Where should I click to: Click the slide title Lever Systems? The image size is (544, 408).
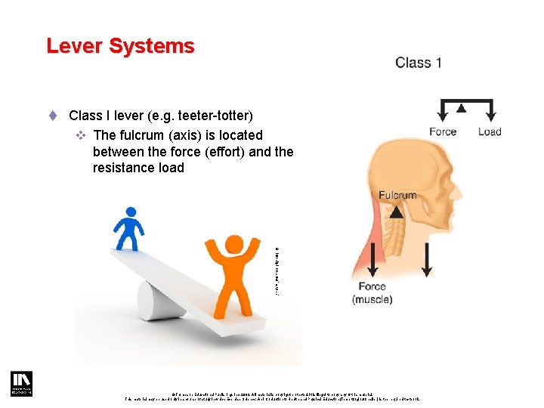[120, 46]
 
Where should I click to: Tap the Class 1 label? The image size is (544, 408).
[418, 63]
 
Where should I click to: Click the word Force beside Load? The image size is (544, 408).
[442, 132]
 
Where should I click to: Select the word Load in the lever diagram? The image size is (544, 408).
[490, 132]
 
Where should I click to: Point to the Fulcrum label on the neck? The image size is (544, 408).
[397, 195]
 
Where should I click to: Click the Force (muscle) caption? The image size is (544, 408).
[372, 293]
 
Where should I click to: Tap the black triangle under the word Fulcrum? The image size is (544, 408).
[396, 212]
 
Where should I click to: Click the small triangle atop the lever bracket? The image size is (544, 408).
[461, 108]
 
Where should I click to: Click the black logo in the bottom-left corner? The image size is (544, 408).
[20, 383]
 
